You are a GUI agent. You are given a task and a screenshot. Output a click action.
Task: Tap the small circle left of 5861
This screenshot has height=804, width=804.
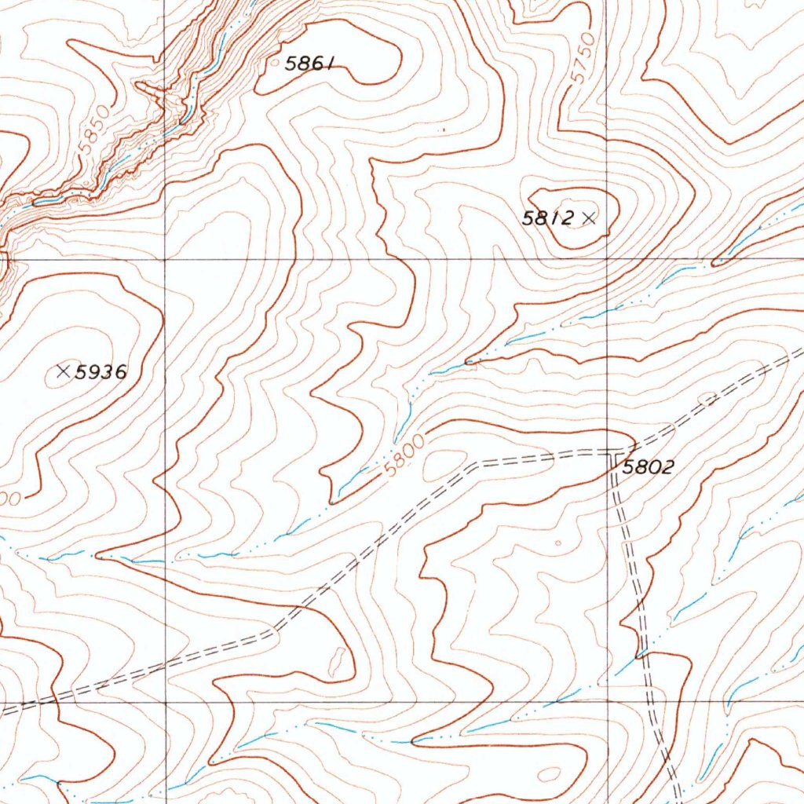point(275,59)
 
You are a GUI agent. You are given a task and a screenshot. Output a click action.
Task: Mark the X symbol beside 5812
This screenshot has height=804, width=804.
point(590,219)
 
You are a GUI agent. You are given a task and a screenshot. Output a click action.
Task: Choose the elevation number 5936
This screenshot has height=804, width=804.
point(100,372)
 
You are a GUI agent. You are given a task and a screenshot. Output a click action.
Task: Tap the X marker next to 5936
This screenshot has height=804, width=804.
point(64,370)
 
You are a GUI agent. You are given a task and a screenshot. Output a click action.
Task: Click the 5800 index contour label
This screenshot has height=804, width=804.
point(405,455)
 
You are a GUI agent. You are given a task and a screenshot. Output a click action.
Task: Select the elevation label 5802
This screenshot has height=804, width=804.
point(648,468)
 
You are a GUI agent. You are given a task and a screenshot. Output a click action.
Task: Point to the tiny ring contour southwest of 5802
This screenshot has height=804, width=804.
point(558,542)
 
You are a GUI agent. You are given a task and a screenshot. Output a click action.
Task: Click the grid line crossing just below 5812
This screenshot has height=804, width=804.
point(608,258)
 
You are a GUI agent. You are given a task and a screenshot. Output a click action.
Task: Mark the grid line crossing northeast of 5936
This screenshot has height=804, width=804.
point(165,258)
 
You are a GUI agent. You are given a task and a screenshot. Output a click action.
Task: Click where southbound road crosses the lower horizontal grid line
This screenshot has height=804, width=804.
point(651,702)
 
